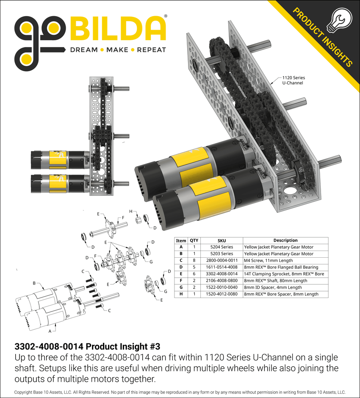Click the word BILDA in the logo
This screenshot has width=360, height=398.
coord(118,28)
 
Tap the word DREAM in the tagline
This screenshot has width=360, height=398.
coord(84,50)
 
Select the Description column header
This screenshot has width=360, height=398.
coord(285,240)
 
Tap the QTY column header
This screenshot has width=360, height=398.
coord(194,240)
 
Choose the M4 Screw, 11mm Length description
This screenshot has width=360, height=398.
coord(268,260)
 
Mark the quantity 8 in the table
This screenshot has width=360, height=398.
coord(194,260)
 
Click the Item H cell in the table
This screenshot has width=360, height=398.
coord(181,294)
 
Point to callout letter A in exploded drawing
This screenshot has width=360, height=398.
coord(50,330)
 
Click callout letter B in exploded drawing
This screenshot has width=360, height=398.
coord(34,283)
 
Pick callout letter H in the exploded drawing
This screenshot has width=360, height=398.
coord(130,211)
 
